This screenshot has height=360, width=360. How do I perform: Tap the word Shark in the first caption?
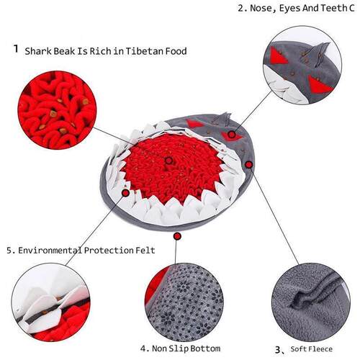(40, 51)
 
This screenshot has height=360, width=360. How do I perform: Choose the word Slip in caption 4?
(184, 348)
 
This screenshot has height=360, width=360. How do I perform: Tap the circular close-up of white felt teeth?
(48, 302)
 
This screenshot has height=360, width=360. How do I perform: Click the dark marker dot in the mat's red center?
(168, 160)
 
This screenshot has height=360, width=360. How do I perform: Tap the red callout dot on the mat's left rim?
(126, 193)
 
